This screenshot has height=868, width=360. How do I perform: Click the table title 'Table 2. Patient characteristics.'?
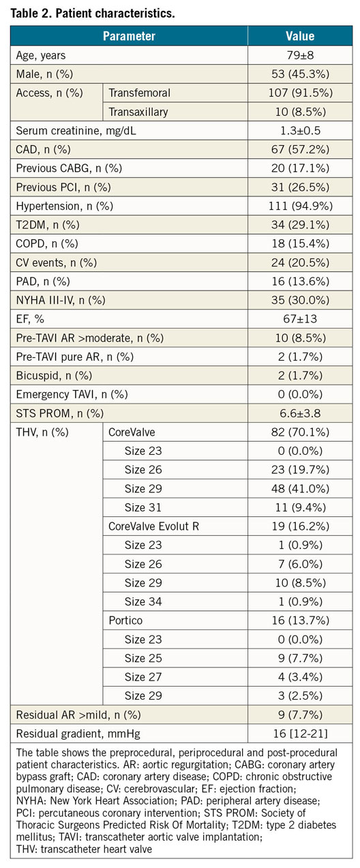pyautogui.click(x=93, y=13)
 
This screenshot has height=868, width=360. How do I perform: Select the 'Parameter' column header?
pyautogui.click(x=129, y=36)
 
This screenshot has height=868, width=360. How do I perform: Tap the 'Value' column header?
pyautogui.click(x=300, y=36)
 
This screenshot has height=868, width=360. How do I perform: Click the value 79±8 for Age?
pyautogui.click(x=300, y=55)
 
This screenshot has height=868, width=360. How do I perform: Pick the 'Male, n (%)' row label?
pyautogui.click(x=44, y=74)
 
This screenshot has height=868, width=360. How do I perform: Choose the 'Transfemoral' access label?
pyautogui.click(x=140, y=93)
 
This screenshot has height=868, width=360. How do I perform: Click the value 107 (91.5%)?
pyautogui.click(x=300, y=93)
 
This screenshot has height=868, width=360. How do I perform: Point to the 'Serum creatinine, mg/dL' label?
pyautogui.click(x=76, y=131)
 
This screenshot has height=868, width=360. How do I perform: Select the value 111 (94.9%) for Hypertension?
pyautogui.click(x=300, y=206)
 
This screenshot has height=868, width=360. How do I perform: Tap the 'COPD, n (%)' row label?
pyautogui.click(x=47, y=243)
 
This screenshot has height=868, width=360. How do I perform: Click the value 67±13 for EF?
pyautogui.click(x=300, y=319)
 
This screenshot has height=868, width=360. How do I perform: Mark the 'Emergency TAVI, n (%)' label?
pyautogui.click(x=72, y=394)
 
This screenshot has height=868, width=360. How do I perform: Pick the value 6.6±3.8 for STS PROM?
pyautogui.click(x=300, y=413)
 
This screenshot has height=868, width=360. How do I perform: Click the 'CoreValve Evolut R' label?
pyautogui.click(x=154, y=526)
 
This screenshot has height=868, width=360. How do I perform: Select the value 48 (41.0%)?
pyautogui.click(x=300, y=488)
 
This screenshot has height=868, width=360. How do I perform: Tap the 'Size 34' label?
pyautogui.click(x=143, y=601)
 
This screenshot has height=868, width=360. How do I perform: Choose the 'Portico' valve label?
pyautogui.click(x=125, y=620)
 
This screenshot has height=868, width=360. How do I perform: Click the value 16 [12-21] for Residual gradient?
pyautogui.click(x=300, y=733)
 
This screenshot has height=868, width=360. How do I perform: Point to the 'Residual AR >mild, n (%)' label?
pyautogui.click(x=78, y=715)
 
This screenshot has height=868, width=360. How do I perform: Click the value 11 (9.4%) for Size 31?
pyautogui.click(x=300, y=507)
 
